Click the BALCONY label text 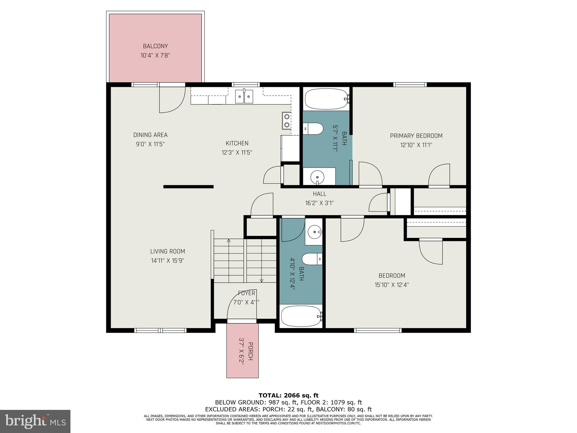click(155, 46)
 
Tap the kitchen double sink click(244, 96)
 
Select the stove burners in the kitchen click(287, 121)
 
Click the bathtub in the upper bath click(326, 99)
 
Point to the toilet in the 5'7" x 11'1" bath click(313, 129)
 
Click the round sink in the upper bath click(318, 177)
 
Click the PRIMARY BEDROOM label click(416, 136)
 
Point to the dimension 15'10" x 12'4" click(392, 285)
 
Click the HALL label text click(319, 194)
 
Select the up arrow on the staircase click(229, 241)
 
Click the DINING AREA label click(150, 135)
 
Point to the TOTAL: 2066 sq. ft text click(288, 396)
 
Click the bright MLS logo click(35, 421)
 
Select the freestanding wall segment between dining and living click(188, 187)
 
